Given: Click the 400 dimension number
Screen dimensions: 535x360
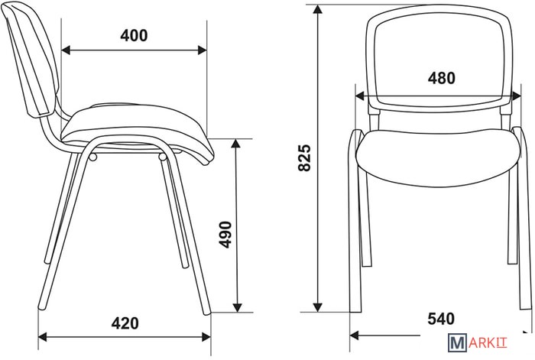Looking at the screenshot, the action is coord(134,35).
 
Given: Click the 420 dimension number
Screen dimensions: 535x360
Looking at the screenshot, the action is coord(125,323).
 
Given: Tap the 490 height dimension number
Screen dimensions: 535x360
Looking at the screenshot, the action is coord(225,235).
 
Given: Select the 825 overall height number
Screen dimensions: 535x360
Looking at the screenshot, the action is coord(305,157).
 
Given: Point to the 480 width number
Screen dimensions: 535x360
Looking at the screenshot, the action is coord(442,78).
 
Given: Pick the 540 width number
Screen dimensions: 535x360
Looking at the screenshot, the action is coord(441,319).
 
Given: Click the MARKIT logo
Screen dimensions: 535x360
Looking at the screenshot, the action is coord(478,342).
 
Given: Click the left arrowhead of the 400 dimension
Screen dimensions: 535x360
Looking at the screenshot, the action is coord(66,50).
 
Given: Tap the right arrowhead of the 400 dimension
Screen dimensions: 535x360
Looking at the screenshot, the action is coord(202,50).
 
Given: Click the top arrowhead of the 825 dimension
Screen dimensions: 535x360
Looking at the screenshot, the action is coord(318,10).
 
